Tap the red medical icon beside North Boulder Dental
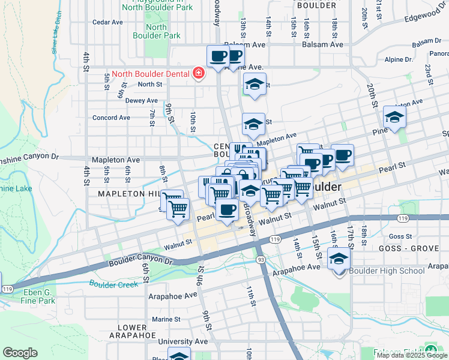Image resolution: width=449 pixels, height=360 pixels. pyautogui.click(x=198, y=74)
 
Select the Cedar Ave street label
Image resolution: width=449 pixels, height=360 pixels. pyautogui.click(x=107, y=22)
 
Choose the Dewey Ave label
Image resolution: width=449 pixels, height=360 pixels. pyautogui.click(x=141, y=101)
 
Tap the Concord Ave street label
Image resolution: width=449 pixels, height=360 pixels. pyautogui.click(x=111, y=118)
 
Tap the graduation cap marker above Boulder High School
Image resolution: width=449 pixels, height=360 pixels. pyautogui.click(x=339, y=259)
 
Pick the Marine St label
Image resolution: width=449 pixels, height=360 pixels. pyautogui.click(x=166, y=319)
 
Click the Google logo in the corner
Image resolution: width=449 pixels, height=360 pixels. pyautogui.click(x=20, y=353)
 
